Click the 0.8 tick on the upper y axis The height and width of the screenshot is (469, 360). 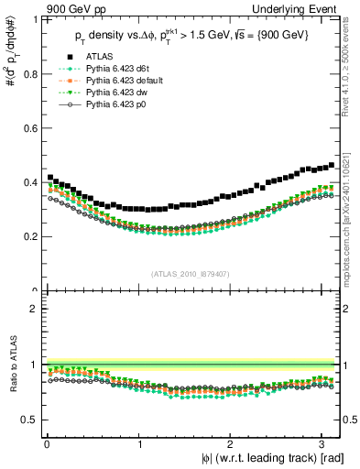(x=31, y=73)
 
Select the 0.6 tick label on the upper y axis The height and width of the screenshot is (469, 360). (x=31, y=128)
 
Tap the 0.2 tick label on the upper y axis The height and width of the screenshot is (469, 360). (x=31, y=236)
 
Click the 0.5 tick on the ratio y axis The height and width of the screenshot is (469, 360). (x=31, y=420)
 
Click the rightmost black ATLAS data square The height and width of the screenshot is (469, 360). (x=331, y=165)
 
